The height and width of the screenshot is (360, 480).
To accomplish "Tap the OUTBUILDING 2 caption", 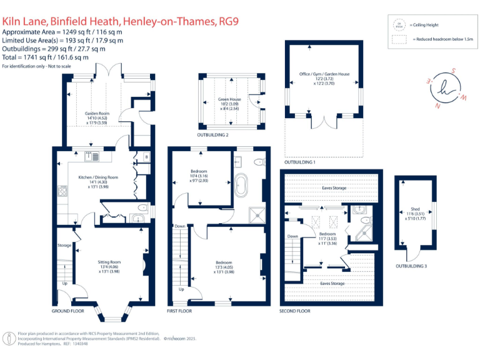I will tap(213, 134).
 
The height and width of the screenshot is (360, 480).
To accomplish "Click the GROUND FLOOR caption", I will tap(68, 311).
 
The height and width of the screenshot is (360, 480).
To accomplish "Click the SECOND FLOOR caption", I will tap(295, 311).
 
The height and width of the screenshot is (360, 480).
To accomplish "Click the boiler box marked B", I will tap(146, 156).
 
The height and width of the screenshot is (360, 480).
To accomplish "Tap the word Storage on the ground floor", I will tap(64, 245).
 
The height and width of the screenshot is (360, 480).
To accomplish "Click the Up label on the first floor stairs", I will tap(182, 289).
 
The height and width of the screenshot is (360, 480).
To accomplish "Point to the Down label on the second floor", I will tap(291, 236).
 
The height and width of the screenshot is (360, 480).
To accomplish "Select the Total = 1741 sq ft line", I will tap(45, 57).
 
